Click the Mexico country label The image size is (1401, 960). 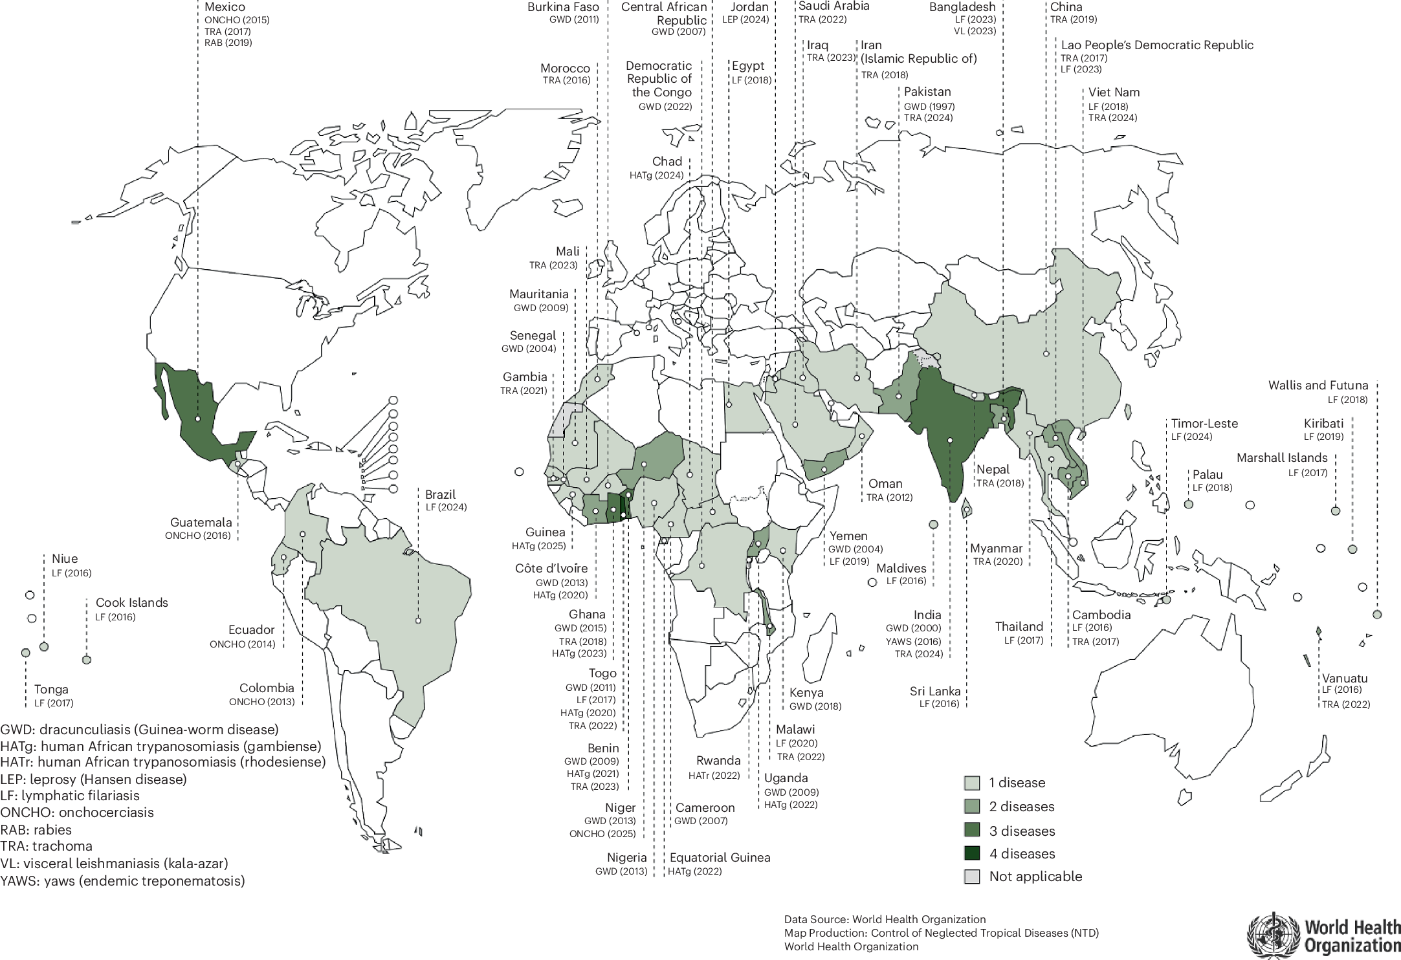225,7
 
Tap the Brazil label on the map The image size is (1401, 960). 441,495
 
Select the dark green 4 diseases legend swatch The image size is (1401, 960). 972,853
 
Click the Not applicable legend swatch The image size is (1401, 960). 972,877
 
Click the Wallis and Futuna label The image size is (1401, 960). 1318,386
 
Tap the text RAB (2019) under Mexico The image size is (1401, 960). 228,43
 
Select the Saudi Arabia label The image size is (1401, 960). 833,6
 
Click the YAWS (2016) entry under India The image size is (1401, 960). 914,641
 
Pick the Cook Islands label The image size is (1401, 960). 132,603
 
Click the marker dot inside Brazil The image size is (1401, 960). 419,620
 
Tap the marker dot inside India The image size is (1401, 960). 949,441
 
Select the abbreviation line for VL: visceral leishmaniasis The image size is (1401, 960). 114,864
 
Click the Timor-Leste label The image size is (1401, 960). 1204,424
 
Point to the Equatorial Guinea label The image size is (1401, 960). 720,858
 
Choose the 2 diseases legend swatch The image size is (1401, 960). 972,807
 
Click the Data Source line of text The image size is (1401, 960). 885,919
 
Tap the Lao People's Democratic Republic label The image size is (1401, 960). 1157,45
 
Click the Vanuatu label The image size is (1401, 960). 1345,679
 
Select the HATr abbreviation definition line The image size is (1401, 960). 163,762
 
